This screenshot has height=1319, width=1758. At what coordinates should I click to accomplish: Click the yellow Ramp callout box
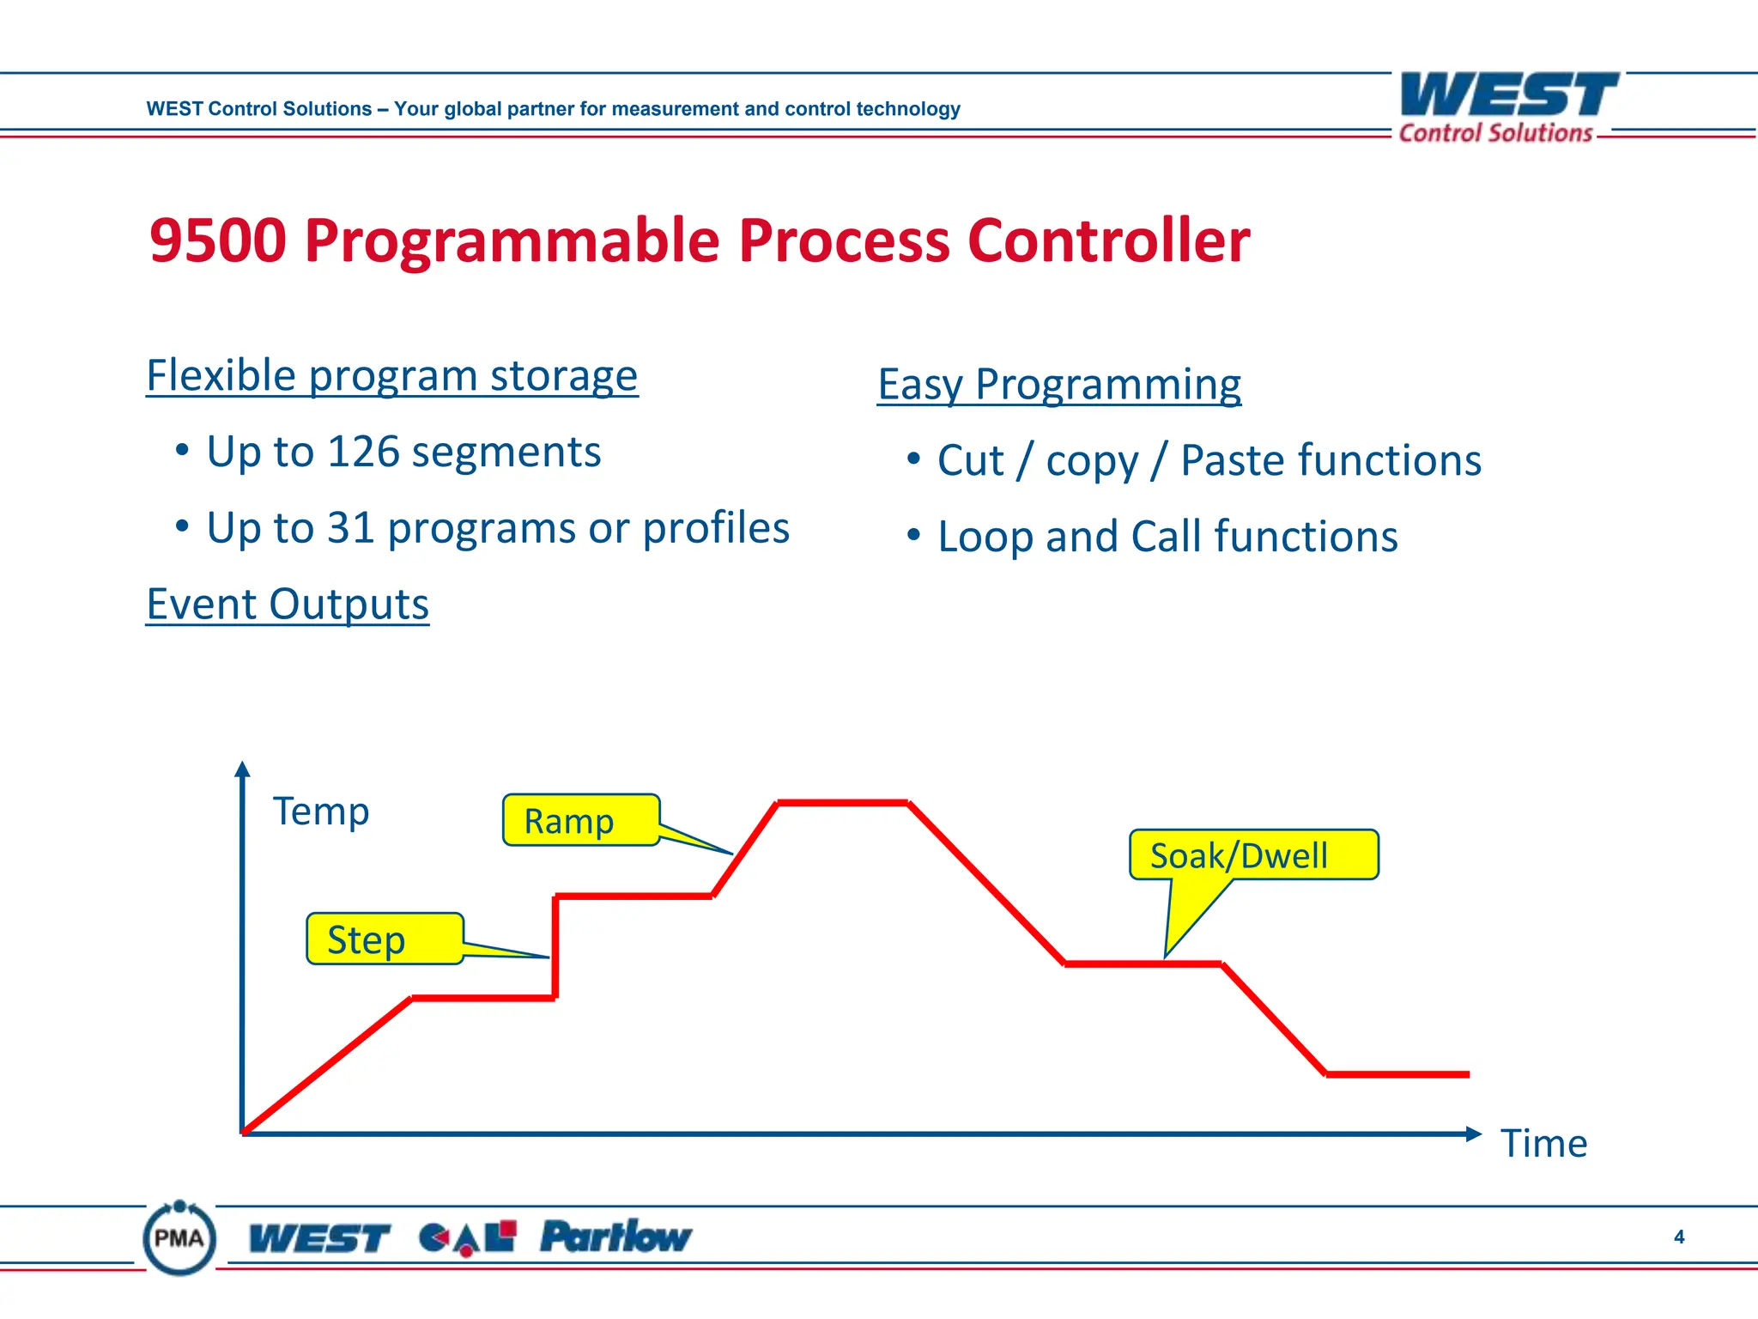coord(580,820)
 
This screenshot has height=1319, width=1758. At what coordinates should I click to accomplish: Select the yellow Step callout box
coord(385,939)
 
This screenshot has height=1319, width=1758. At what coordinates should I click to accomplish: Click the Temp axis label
coord(321,811)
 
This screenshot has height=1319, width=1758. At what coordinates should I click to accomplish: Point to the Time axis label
coord(1543,1143)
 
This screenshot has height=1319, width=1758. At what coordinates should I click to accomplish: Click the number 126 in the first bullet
coord(363,452)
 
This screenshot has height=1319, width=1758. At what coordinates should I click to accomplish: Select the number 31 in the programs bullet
coord(350,527)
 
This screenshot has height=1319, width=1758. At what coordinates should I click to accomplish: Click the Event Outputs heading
coord(288,604)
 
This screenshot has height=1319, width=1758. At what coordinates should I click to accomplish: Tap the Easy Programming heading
coord(1058,384)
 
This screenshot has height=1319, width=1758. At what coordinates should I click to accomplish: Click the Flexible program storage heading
coord(391,375)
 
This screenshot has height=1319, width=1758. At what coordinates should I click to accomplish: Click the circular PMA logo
coord(179,1237)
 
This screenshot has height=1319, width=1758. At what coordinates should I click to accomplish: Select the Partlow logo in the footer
coord(615,1237)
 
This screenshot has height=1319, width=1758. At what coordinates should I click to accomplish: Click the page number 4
coord(1678,1237)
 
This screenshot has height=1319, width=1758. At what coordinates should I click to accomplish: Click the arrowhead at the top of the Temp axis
coord(242,769)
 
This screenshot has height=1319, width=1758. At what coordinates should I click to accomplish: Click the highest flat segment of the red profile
coord(842,803)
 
